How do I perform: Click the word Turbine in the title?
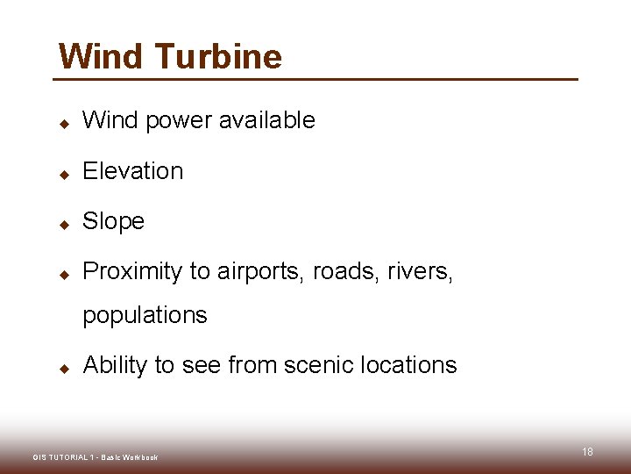click(x=218, y=56)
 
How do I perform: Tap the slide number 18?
click(x=587, y=451)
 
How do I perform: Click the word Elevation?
click(x=132, y=171)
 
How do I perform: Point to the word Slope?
click(x=113, y=221)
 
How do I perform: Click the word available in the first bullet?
click(x=266, y=120)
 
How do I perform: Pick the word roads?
click(x=333, y=272)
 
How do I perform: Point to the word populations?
click(x=145, y=315)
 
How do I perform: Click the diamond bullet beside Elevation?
click(x=64, y=174)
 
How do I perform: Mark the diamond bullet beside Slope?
click(x=64, y=225)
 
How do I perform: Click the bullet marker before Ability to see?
click(x=64, y=369)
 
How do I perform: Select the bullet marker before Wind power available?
click(x=64, y=124)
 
